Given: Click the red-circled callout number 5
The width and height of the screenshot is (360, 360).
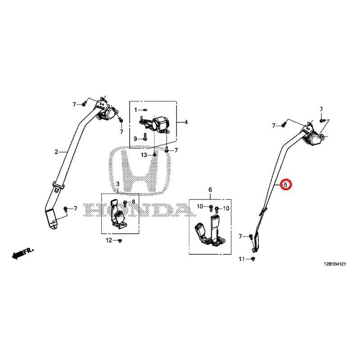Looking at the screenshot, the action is tap(285, 184).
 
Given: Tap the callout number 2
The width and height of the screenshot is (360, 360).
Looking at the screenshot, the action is tap(56, 152).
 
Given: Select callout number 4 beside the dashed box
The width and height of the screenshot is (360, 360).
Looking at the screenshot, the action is tap(186, 122).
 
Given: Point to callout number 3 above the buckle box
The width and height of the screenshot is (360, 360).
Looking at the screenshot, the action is tap(118, 184).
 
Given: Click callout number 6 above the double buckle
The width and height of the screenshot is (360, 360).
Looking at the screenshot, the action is tap(210, 189).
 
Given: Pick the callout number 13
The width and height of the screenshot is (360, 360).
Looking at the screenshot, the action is tap(144, 155).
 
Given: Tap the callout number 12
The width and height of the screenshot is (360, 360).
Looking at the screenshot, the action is tap(109, 240).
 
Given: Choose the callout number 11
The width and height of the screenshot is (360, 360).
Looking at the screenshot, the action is tap(242, 259).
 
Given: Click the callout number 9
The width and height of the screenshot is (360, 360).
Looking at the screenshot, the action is tap(135, 139).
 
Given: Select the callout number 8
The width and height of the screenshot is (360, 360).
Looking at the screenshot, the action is tap(133, 202).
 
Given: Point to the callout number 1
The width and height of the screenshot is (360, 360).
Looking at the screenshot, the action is tap(136, 110).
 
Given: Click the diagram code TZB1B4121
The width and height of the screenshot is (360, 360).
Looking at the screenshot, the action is tap(335, 264).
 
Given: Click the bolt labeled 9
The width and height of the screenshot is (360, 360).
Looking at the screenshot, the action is tap(144, 137).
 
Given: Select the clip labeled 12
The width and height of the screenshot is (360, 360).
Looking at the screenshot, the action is tap(120, 240).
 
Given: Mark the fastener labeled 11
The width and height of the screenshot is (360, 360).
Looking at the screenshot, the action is tap(253, 259).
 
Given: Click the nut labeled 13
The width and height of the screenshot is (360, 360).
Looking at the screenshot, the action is tap(154, 155).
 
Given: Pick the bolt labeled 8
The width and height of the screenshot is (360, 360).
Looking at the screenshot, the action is tap(126, 203).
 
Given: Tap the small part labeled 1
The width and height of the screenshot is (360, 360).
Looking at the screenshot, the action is tap(145, 109).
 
